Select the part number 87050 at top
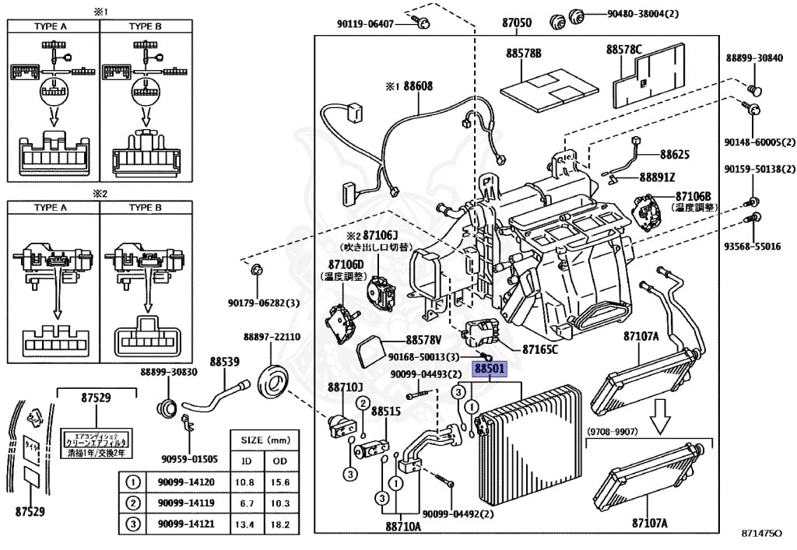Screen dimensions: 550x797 pyautogui.click(x=517, y=23)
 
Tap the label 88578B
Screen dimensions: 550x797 pyautogui.click(x=523, y=54)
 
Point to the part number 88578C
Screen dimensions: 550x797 pyautogui.click(x=624, y=50)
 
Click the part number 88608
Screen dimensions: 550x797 pyautogui.click(x=417, y=86)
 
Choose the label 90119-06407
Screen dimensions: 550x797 pyautogui.click(x=365, y=23)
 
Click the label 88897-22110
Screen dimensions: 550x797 pyautogui.click(x=272, y=337)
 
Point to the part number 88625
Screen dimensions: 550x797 pyautogui.click(x=675, y=154)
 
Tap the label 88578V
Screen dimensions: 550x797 pyautogui.click(x=423, y=340)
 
